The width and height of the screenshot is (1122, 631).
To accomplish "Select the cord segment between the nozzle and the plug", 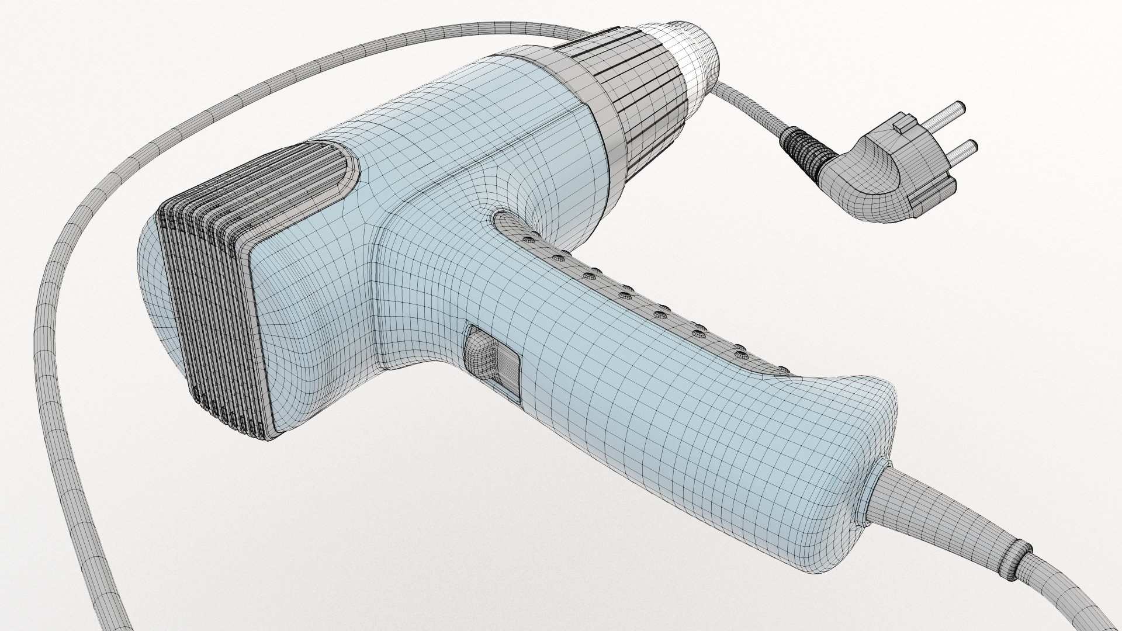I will click(754, 114).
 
